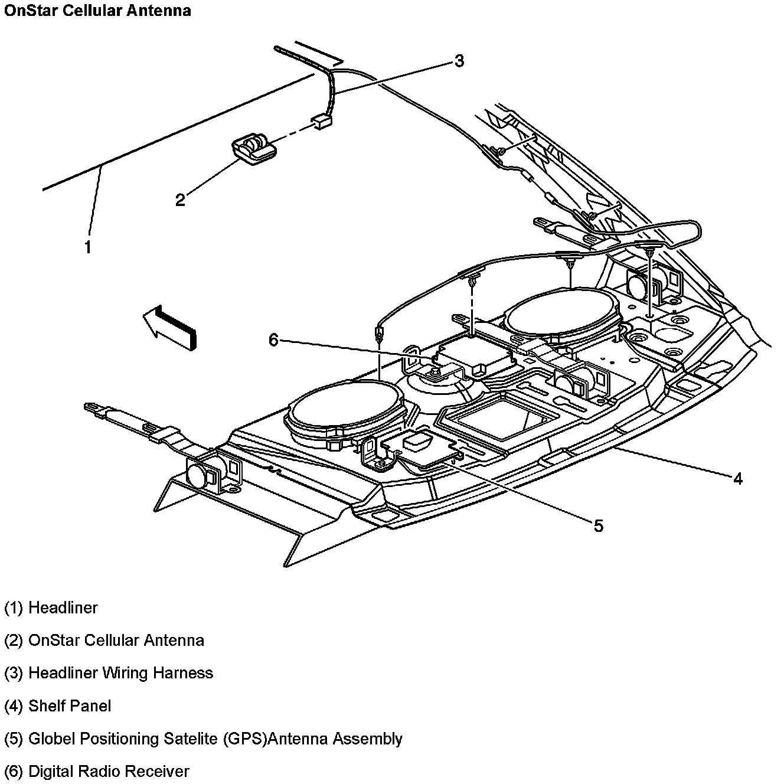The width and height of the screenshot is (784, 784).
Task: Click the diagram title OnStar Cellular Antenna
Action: (97, 11)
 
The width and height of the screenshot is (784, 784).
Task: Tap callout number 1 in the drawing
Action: (88, 247)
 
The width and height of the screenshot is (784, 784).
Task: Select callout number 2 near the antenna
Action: (180, 200)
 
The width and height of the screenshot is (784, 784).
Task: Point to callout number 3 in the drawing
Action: (458, 61)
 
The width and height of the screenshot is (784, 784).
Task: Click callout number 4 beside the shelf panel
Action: (737, 478)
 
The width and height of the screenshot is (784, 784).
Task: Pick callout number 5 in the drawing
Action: (598, 525)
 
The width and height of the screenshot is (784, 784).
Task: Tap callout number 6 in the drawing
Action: (273, 340)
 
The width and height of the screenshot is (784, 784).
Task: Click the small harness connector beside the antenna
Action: (322, 121)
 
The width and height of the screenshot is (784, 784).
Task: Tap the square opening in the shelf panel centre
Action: (501, 417)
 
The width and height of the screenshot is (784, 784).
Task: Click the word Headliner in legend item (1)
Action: (63, 607)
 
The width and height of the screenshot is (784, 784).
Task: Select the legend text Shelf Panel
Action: (70, 705)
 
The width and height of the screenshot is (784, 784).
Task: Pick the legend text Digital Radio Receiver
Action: (109, 771)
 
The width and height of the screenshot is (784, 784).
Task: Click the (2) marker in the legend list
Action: (14, 641)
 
